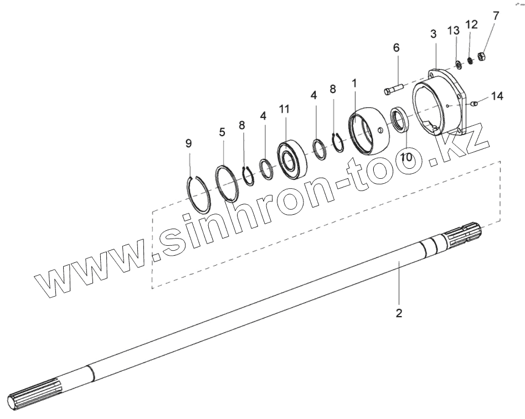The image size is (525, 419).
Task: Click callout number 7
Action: click(496, 15)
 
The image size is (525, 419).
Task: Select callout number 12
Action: click(471, 24)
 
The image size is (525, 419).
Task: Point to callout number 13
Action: click(454, 31)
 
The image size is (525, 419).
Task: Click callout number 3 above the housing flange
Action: click(434, 34)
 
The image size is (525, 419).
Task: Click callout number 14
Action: click(497, 96)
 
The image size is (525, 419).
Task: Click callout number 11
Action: click(285, 109)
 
